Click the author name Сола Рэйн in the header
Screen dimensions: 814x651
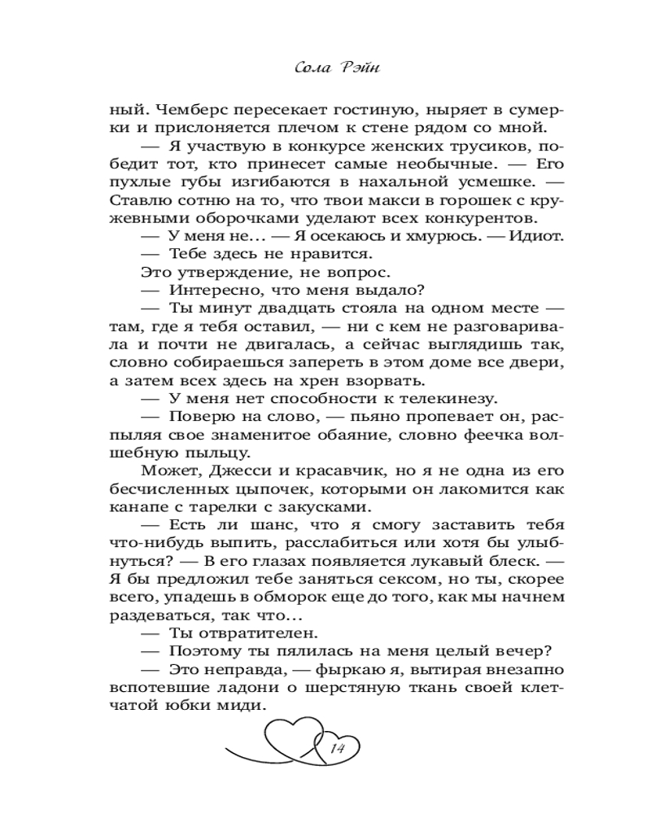(336, 68)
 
